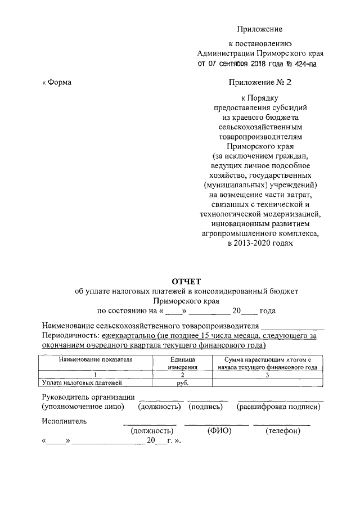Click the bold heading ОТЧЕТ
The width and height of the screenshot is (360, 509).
click(x=186, y=281)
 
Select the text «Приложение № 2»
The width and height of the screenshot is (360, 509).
click(x=260, y=83)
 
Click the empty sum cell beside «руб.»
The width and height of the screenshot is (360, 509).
click(x=268, y=383)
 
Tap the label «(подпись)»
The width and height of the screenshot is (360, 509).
click(x=208, y=406)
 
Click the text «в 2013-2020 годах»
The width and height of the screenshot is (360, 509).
click(x=260, y=244)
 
